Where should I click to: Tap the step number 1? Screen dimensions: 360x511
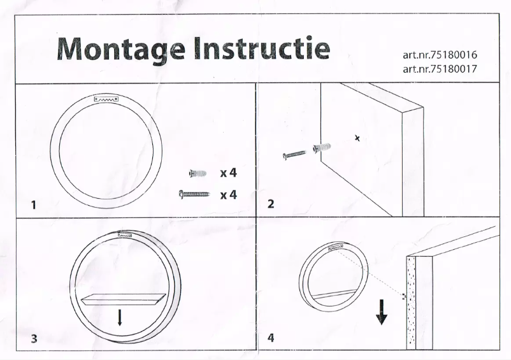click(x=33, y=205)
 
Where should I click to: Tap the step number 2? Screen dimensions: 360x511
click(x=271, y=205)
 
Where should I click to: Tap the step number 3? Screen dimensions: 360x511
click(x=33, y=339)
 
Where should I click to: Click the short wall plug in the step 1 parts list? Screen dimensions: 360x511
click(x=199, y=173)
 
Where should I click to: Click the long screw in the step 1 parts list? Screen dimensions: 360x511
click(x=194, y=194)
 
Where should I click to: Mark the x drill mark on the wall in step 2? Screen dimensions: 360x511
click(x=357, y=138)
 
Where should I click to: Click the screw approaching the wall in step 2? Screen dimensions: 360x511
click(x=294, y=154)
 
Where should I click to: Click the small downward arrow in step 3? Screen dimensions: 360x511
click(x=119, y=317)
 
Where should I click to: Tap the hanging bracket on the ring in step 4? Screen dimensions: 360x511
click(x=335, y=248)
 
